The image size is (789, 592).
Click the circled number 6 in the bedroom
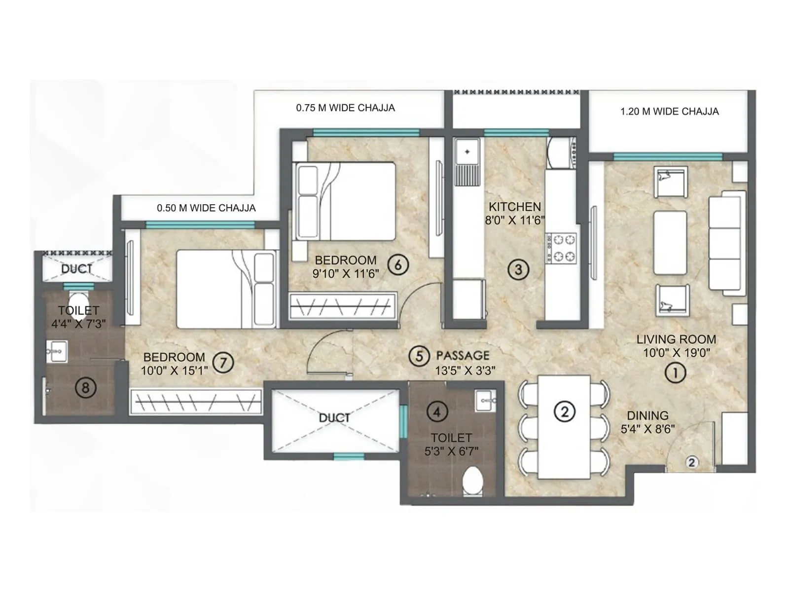[x=398, y=265]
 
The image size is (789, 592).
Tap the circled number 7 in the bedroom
[x=223, y=364]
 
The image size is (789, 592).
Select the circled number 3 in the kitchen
[x=518, y=269]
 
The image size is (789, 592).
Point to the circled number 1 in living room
[x=675, y=373]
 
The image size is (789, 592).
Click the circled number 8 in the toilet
[x=85, y=388]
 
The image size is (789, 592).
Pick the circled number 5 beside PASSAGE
[x=419, y=356]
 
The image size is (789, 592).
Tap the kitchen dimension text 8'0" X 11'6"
[x=515, y=221]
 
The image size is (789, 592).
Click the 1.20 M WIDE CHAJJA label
[x=669, y=111]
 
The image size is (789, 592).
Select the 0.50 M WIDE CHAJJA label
[x=206, y=208]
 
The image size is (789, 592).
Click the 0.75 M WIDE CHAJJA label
[x=345, y=108]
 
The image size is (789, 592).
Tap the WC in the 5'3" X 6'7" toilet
[x=473, y=481]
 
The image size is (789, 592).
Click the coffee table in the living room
[x=670, y=243]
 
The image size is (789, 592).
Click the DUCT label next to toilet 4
[x=334, y=418]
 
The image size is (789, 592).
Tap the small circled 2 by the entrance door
[x=692, y=462]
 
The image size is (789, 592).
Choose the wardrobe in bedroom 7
[x=196, y=401]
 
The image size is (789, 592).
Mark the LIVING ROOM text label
[x=676, y=339]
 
